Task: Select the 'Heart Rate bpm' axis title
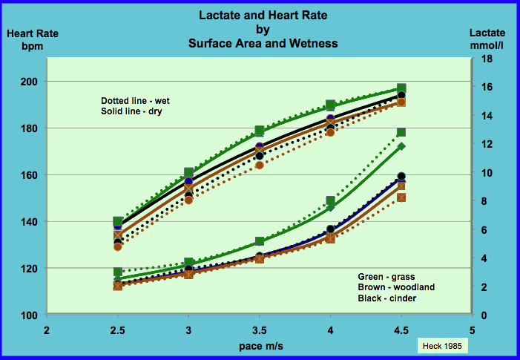click(x=33, y=39)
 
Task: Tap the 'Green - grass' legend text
click(x=386, y=276)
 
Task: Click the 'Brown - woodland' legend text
click(x=396, y=287)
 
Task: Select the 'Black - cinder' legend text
click(x=387, y=298)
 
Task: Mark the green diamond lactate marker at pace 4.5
click(x=401, y=147)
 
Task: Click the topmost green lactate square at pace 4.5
click(x=401, y=132)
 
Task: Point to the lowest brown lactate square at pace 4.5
click(x=401, y=197)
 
